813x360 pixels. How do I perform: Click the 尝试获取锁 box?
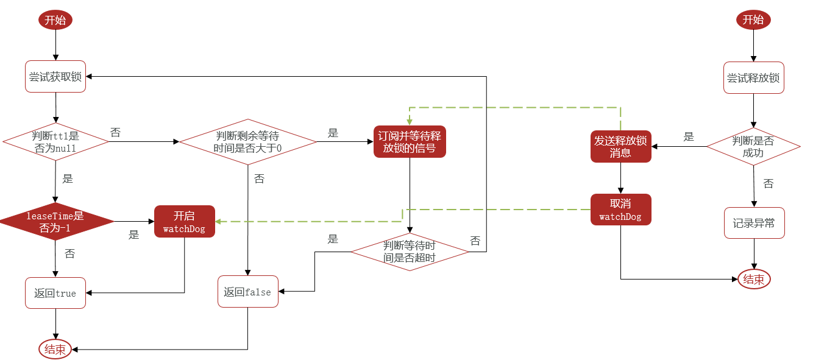(x=55, y=77)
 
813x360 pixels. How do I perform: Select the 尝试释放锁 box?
(x=754, y=77)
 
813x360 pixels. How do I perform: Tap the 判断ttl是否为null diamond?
(x=55, y=141)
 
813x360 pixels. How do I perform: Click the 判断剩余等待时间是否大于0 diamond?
(x=248, y=142)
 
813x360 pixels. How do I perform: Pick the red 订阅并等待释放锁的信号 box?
(x=410, y=141)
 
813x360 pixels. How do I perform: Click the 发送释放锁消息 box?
(x=621, y=147)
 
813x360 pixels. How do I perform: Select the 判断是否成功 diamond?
(x=753, y=147)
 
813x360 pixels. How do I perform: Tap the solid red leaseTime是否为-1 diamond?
(x=55, y=221)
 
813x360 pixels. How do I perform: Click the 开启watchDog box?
(x=185, y=221)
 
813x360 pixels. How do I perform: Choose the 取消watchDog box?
(x=621, y=210)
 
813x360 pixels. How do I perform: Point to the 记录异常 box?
(x=754, y=223)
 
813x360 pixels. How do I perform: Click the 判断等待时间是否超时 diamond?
(x=410, y=252)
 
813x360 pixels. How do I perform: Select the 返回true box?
(x=55, y=293)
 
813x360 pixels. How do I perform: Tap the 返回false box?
(x=248, y=291)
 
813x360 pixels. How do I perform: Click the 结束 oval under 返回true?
(x=55, y=349)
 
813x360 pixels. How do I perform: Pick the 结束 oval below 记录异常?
(x=754, y=279)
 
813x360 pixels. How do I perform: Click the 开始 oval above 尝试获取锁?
(x=55, y=19)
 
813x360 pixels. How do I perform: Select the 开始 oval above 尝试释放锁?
(x=753, y=19)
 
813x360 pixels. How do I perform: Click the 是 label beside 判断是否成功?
(x=689, y=136)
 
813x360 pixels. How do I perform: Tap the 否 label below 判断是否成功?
(x=769, y=183)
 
